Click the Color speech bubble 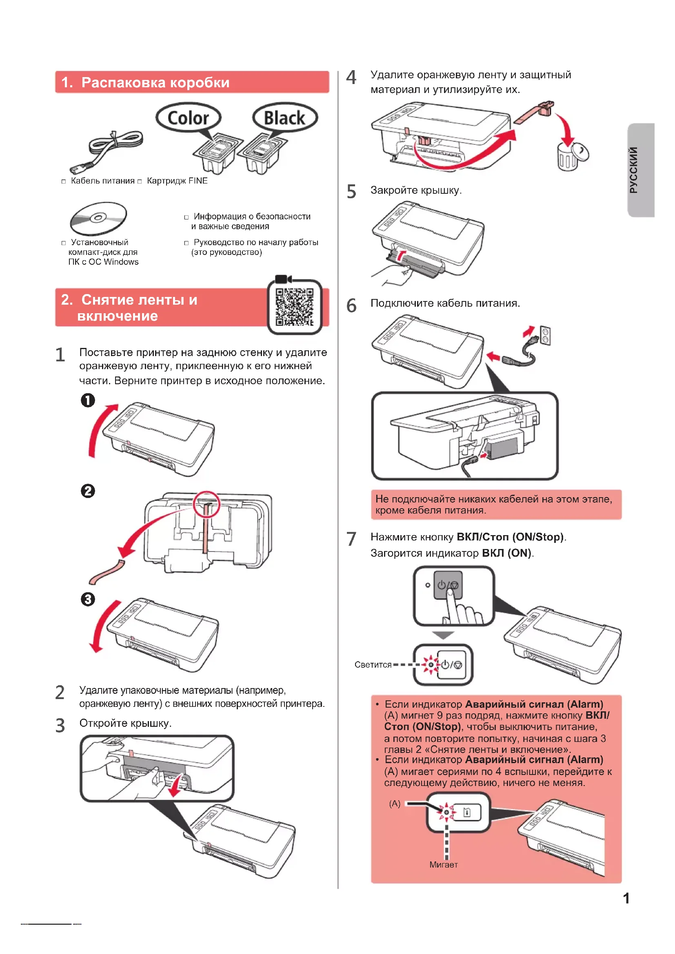point(188,117)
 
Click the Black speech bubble point(285,117)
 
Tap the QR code point(294,307)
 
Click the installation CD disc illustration point(98,219)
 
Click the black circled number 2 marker point(88,491)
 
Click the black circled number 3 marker point(88,599)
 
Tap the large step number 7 point(351,539)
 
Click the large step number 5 point(351,192)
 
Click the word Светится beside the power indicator point(373,665)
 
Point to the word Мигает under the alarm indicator point(444,865)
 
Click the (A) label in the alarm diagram point(395,803)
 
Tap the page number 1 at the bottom point(626,898)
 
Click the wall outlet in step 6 point(545,335)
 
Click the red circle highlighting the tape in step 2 point(206,504)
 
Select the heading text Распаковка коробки point(155,82)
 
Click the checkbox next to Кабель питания point(64,182)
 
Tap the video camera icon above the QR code point(283,279)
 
